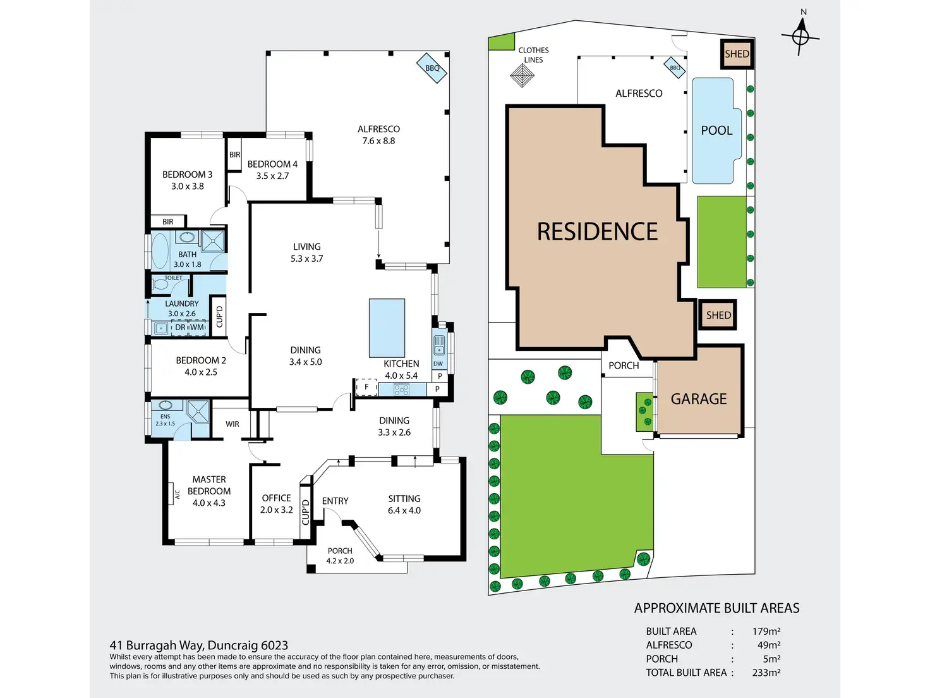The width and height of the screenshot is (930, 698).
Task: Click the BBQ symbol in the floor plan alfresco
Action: [432, 68]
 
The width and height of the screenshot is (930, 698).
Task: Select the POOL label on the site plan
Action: [716, 131]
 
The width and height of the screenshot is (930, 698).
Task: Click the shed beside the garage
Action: [718, 315]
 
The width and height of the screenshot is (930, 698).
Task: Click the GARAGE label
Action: [699, 399]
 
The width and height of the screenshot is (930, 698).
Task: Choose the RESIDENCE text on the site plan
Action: [597, 232]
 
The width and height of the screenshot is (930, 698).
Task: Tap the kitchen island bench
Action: [387, 328]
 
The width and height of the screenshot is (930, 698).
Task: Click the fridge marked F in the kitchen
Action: [366, 387]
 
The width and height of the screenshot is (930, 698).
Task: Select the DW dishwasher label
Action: [438, 364]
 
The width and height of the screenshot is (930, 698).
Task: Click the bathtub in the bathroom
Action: [160, 251]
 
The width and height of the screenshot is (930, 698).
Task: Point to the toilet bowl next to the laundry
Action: [160, 285]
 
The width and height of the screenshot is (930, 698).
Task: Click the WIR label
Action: [232, 424]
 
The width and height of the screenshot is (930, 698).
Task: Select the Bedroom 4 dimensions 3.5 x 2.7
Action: [272, 176]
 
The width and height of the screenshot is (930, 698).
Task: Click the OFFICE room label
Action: [276, 498]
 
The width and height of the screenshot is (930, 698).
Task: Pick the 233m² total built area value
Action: [766, 673]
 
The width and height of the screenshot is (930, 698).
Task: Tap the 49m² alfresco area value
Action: [769, 645]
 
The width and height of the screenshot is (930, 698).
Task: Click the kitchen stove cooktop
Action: [401, 389]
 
